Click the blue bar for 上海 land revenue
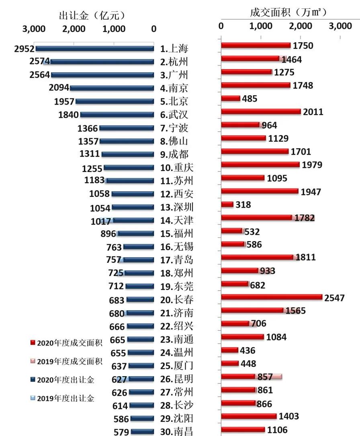tap(95, 49)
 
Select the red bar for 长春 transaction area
tap(272, 297)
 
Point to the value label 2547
tap(334, 298)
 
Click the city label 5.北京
tap(174, 101)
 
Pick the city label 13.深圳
tap(177, 207)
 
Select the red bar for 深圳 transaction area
tap(227, 205)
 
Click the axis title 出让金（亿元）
tap(92, 16)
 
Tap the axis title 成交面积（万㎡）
tap(288, 12)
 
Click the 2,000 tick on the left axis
tap(74, 29)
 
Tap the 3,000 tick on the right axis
tap(340, 26)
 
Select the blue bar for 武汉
tap(117, 115)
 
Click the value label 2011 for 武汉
tap(313, 112)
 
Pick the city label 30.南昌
tap(177, 432)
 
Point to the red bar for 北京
tap(231, 98)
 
